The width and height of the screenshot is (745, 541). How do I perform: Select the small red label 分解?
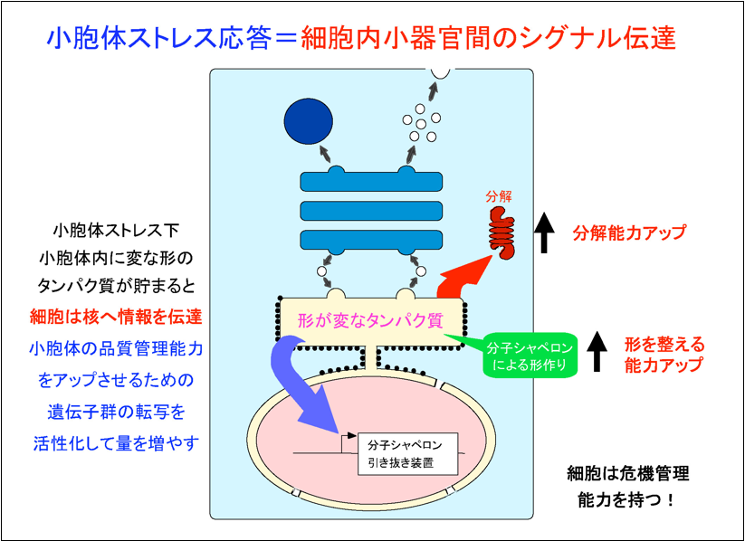[499, 195]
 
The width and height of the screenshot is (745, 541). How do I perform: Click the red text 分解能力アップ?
[629, 233]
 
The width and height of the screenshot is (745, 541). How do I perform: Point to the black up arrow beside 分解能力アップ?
[544, 233]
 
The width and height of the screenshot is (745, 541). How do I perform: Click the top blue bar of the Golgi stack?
[371, 181]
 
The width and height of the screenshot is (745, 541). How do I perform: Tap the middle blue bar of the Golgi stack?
[371, 212]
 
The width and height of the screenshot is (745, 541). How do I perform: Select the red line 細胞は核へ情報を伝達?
[116, 318]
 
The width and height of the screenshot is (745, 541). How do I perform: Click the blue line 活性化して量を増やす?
[115, 443]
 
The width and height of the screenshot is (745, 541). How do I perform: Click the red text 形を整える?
[664, 345]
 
